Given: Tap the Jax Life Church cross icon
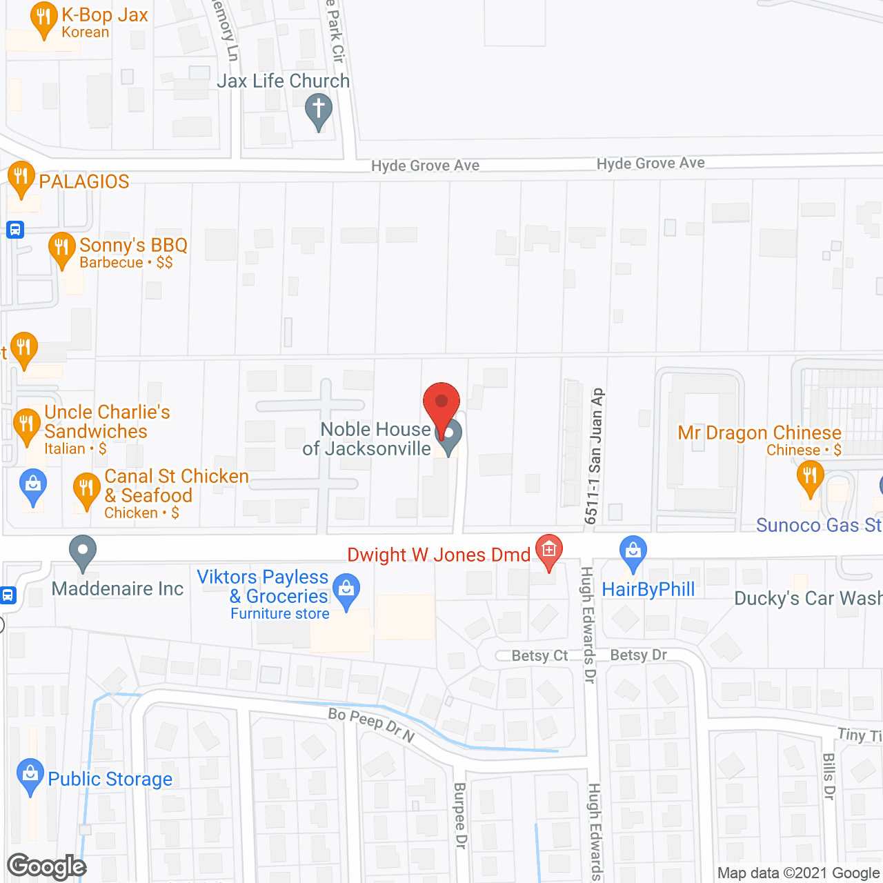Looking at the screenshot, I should tap(318, 110).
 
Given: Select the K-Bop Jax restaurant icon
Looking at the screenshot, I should tap(43, 19).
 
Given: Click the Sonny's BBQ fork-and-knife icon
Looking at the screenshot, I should tap(62, 248).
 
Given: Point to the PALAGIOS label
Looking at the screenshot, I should tap(84, 181).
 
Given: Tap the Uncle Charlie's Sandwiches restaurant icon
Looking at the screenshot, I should tap(27, 424).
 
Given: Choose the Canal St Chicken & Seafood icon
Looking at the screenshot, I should tap(86, 488).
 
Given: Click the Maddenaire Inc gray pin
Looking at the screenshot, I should tap(83, 552).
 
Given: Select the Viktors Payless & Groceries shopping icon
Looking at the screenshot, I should tap(346, 591).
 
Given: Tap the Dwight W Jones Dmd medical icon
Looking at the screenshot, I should tap(549, 550).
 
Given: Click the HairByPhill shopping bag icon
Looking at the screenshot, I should tap(633, 552).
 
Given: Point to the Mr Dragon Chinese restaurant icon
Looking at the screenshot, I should tap(810, 477).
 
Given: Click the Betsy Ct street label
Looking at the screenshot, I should tap(539, 655).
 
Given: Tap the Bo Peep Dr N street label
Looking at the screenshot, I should tap(371, 724).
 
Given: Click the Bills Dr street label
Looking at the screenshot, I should tap(829, 776).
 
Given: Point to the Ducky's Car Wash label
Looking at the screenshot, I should tap(808, 598).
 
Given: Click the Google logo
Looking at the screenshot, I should tap(47, 866).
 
